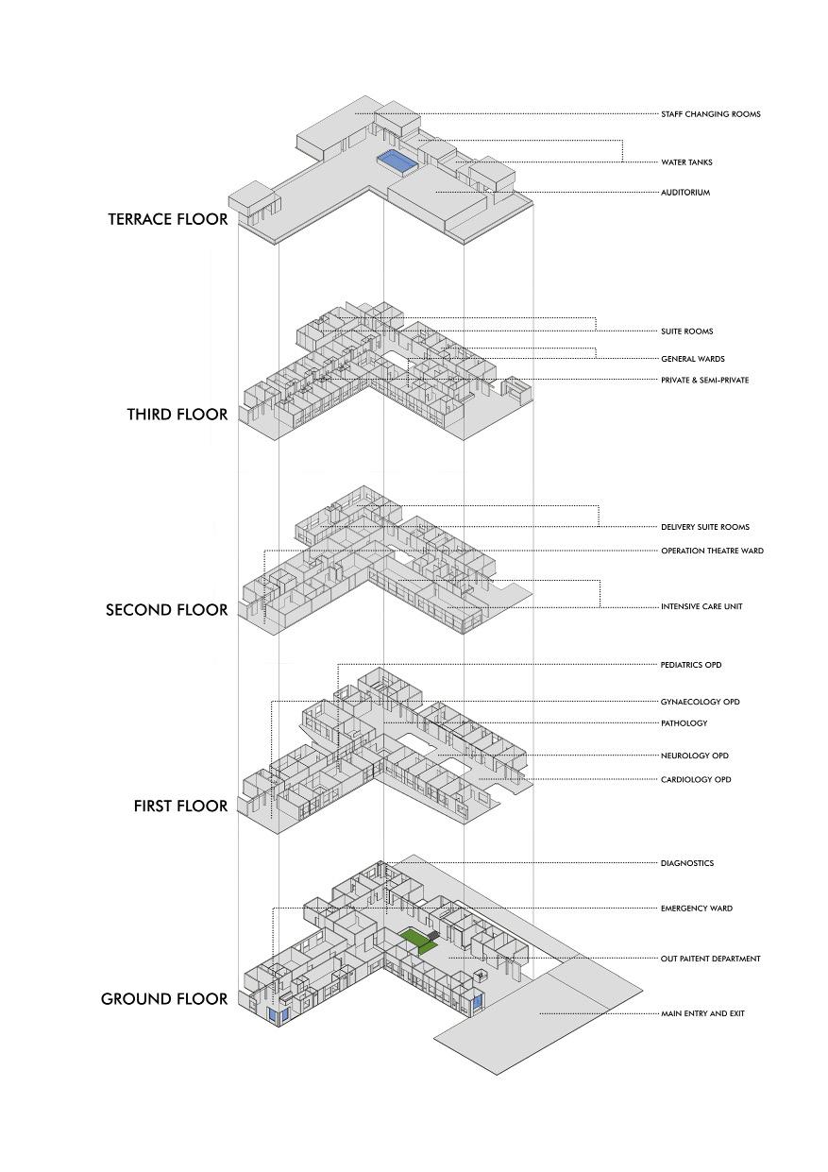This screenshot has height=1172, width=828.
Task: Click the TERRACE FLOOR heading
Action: pos(167,219)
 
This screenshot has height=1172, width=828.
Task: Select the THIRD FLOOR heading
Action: pos(177,415)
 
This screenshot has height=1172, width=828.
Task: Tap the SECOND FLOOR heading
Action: pos(166,610)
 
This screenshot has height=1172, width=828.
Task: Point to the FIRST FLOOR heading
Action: pos(180,807)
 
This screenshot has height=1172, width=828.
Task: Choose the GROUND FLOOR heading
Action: pos(164,999)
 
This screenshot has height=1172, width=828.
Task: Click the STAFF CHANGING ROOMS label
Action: pos(710,114)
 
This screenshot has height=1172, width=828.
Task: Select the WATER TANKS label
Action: pos(686,162)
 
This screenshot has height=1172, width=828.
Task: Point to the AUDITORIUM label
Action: pos(684,193)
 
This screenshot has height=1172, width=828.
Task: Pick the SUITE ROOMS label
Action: pos(686,331)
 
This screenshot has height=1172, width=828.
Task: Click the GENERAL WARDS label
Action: pos(692,359)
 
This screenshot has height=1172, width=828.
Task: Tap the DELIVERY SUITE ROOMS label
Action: pos(705,527)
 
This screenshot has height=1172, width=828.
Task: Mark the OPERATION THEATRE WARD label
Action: pos(712,551)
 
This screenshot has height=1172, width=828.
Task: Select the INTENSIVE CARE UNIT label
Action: pos(701,606)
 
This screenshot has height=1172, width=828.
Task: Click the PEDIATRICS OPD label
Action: pos(691,665)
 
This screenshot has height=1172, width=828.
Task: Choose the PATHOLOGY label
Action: pos(684,723)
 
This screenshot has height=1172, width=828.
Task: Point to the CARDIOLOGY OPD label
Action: pos(696,780)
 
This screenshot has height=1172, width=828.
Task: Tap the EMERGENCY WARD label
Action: pos(696,909)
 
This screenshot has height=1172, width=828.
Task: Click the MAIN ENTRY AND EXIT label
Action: pos(702,1013)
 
